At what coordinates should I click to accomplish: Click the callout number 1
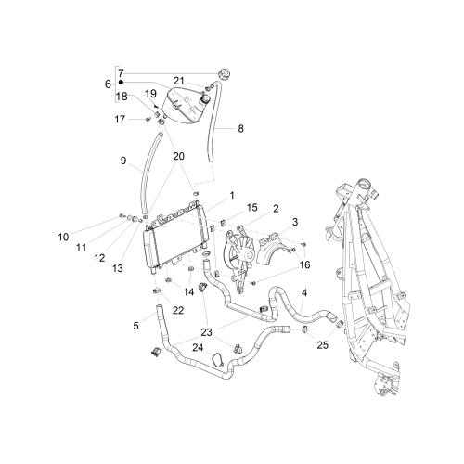(232, 196)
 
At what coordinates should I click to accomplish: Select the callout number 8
(240, 128)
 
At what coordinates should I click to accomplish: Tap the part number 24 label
(198, 348)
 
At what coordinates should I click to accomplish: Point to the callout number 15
(252, 208)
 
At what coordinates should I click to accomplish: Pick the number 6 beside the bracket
(108, 84)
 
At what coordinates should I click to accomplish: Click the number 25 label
(322, 345)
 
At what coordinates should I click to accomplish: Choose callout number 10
(63, 238)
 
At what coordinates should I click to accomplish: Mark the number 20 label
(178, 156)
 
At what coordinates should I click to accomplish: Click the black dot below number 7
(121, 83)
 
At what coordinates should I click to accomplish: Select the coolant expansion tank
(186, 104)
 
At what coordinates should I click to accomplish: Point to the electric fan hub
(248, 255)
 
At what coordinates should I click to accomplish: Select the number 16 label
(304, 264)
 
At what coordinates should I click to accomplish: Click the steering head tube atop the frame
(364, 187)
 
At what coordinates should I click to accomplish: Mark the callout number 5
(135, 326)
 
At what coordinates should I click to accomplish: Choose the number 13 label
(118, 268)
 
